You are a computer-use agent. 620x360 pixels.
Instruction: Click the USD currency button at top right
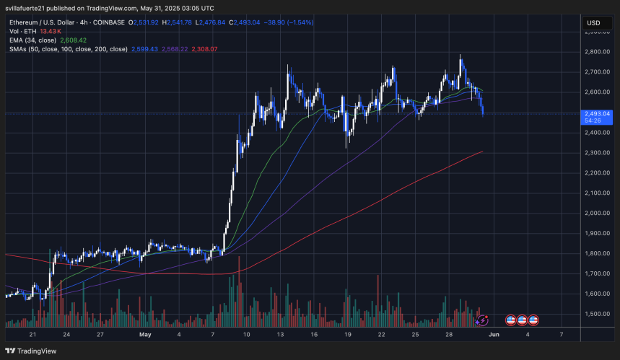click(593, 23)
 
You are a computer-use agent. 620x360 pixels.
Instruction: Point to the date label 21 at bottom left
click(32, 335)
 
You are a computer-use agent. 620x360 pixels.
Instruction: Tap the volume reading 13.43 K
click(51, 32)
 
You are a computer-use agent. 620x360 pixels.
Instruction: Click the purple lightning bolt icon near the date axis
click(483, 320)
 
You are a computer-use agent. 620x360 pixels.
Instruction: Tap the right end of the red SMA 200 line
click(481, 152)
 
